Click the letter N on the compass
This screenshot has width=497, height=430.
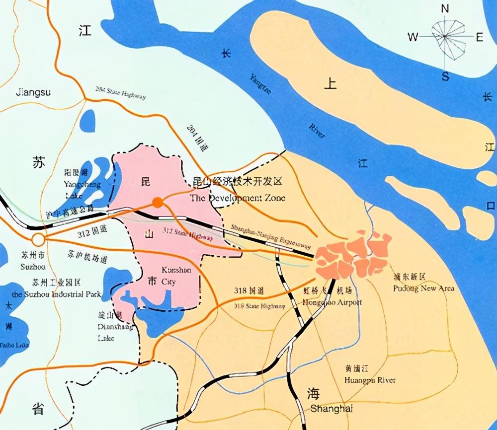coord(445,8)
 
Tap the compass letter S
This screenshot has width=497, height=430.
coord(445,76)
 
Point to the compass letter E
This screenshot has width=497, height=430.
coord(480,37)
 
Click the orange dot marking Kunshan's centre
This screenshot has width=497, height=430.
coord(158,202)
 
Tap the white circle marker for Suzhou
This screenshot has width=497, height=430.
coord(38,240)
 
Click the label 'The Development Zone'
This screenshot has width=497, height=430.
coord(238,198)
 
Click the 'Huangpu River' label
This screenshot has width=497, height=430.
coord(370,380)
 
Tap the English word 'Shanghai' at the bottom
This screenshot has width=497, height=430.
coord(331,409)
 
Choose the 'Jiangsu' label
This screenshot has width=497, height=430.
coord(34,92)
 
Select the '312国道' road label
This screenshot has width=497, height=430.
coord(93,230)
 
